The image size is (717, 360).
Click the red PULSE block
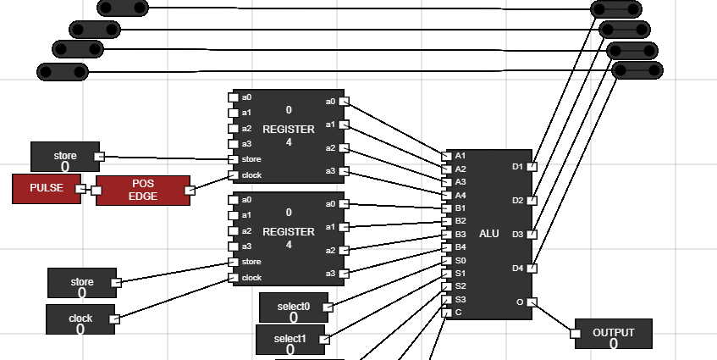[47, 188]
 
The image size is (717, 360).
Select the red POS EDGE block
[142, 190]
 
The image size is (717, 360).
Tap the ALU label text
[489, 234]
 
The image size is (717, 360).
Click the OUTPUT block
[614, 335]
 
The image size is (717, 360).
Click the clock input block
[80, 320]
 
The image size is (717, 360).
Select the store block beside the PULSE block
[65, 157]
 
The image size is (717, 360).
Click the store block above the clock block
[81, 283]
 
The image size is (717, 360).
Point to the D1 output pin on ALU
[532, 167]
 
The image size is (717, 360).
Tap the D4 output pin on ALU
[532, 269]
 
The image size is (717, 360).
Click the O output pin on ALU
[532, 302]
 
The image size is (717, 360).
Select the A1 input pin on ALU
[447, 156]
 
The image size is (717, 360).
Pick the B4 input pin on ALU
[447, 247]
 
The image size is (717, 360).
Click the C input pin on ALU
[447, 313]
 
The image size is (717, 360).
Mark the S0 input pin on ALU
[447, 260]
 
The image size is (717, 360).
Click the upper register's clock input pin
[233, 175]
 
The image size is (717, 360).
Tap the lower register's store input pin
[233, 262]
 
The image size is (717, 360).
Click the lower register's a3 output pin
[344, 274]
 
